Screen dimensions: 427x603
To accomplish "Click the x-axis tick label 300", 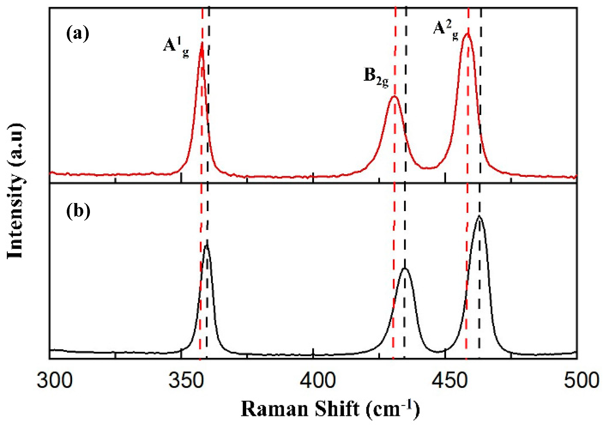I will pyautogui.click(x=55, y=381).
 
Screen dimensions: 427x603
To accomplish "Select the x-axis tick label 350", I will pyautogui.click(x=186, y=381).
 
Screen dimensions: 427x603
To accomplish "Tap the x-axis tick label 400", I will pyautogui.click(x=318, y=381).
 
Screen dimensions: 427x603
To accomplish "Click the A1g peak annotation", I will pyautogui.click(x=176, y=47).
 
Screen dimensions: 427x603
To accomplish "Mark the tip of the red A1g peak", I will pyautogui.click(x=202, y=43).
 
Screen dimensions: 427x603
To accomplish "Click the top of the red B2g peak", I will pyautogui.click(x=394, y=97).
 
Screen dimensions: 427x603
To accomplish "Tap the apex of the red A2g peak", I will pyautogui.click(x=468, y=33).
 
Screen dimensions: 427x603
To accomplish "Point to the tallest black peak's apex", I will pyautogui.click(x=479, y=216).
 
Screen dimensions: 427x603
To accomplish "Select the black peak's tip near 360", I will pyautogui.click(x=207, y=245).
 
